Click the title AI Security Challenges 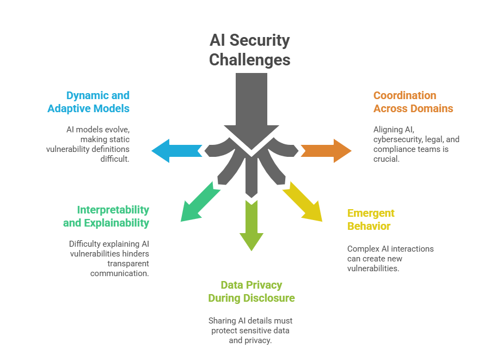(250, 50)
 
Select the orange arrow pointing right (327, 151)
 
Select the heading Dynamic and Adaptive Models (89, 102)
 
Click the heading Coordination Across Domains (413, 102)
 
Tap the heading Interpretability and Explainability (106, 216)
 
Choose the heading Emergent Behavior (371, 219)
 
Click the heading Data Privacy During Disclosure (251, 291)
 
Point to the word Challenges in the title (250, 59)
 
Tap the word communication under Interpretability (120, 273)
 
